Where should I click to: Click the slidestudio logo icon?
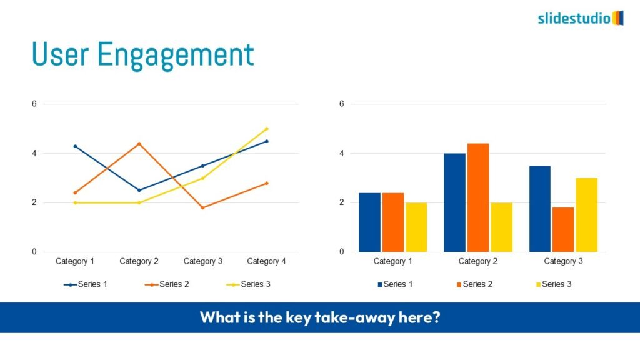tap(618, 18)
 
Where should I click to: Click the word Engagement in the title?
tap(176, 55)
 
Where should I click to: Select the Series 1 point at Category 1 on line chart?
tap(75, 146)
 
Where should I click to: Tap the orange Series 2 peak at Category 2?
tap(139, 144)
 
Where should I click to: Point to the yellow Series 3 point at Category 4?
tap(267, 129)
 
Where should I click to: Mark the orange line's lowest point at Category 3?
tap(203, 207)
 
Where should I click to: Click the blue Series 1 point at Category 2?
tap(139, 190)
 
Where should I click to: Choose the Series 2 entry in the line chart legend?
tap(167, 284)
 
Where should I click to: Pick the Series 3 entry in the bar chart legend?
tap(554, 284)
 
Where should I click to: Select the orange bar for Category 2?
tap(478, 197)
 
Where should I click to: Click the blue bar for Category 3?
tap(540, 209)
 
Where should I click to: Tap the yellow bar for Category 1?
tap(416, 227)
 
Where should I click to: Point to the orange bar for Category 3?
tap(563, 230)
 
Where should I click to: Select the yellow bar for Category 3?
tap(586, 215)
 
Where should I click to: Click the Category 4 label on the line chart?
tap(266, 261)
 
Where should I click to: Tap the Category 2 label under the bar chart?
tap(478, 261)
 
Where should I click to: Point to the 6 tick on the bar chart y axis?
tap(342, 104)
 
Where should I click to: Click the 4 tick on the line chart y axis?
tap(34, 154)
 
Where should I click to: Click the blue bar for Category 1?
tap(370, 222)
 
